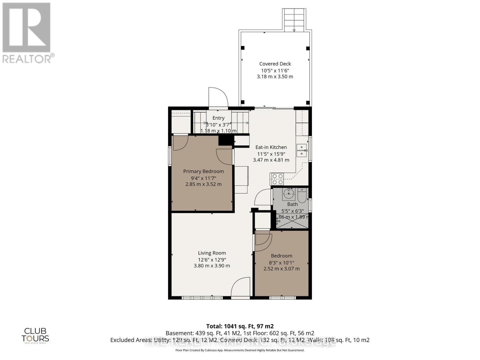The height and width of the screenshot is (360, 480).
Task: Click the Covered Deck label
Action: pyautogui.click(x=275, y=64)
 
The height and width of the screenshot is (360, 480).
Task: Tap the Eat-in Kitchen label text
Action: pyautogui.click(x=271, y=147)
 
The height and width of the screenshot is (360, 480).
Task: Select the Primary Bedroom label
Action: pyautogui.click(x=203, y=171)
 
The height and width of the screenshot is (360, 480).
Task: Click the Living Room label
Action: pyautogui.click(x=212, y=253)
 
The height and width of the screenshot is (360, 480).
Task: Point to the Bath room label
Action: pyautogui.click(x=292, y=204)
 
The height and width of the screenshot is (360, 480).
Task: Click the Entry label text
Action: pyautogui.click(x=218, y=118)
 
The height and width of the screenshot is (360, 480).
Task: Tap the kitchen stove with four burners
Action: pyautogui.click(x=277, y=179)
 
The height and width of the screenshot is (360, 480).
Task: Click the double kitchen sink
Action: pyautogui.click(x=301, y=150)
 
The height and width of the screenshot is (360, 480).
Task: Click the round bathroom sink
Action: pyautogui.click(x=289, y=194)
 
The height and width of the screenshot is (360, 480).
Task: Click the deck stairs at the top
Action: pyautogui.click(x=294, y=20)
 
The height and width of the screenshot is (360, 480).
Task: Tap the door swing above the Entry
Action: pyautogui.click(x=218, y=97)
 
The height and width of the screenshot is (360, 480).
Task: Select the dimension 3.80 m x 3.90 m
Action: pyautogui.click(x=212, y=266)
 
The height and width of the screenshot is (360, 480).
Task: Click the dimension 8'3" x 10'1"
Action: pyautogui.click(x=281, y=262)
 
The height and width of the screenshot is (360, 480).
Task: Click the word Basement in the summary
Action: pyautogui.click(x=179, y=333)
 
